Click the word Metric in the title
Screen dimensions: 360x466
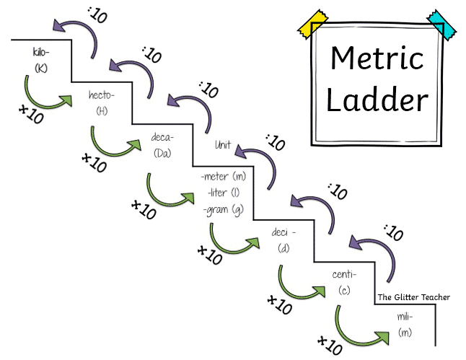(x=377, y=58)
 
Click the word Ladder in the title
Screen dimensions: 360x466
(x=377, y=100)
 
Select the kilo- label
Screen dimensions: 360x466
(x=40, y=52)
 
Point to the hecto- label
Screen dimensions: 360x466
(x=102, y=96)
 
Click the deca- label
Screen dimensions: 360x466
(x=162, y=137)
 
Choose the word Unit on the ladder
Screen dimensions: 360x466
(x=224, y=145)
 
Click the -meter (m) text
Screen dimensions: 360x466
(x=224, y=177)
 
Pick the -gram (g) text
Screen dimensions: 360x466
(x=223, y=209)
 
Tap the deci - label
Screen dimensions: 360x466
(x=284, y=233)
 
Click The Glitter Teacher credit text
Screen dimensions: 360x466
(x=413, y=297)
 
